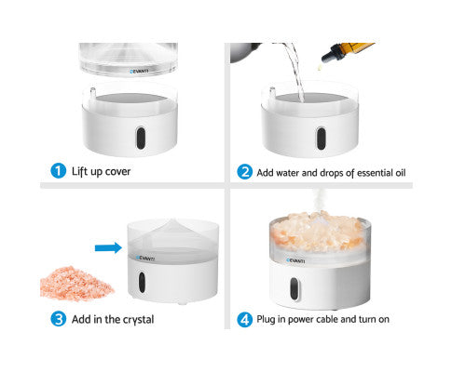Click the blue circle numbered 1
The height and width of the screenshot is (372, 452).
(58, 171)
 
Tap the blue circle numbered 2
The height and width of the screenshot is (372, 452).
(244, 172)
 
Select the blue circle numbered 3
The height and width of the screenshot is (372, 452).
(58, 319)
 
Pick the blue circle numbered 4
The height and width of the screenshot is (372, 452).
(244, 319)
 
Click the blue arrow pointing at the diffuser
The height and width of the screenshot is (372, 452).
(108, 247)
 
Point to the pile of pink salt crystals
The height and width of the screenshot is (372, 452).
(76, 283)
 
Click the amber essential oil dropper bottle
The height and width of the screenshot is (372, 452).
(348, 52)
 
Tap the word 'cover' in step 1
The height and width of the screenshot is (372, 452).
(117, 171)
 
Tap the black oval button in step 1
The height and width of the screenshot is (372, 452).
(141, 138)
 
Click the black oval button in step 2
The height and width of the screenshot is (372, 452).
(321, 139)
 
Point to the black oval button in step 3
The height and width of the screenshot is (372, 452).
(142, 282)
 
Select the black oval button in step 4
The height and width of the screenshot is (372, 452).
(294, 289)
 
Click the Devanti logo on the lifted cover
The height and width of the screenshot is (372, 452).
(139, 72)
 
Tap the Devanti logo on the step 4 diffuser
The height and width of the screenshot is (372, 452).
(295, 260)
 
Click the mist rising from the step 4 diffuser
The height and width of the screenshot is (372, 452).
(318, 201)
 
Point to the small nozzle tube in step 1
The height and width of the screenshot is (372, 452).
(92, 93)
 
